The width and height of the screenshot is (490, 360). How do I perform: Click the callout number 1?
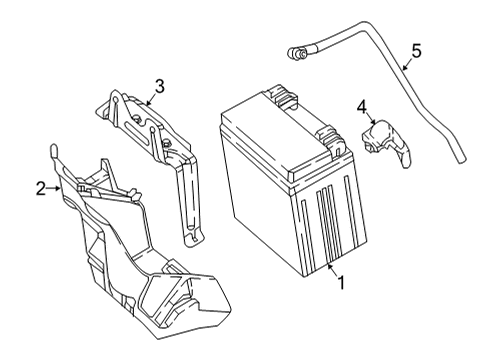click(341, 283)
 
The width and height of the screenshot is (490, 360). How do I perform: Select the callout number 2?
click(41, 188)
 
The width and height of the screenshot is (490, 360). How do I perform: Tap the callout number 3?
click(160, 86)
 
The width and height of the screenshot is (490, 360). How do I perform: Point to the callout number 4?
click(362, 107)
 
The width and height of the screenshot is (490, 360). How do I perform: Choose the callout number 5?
click(416, 51)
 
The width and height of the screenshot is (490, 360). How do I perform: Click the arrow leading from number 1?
click(332, 269)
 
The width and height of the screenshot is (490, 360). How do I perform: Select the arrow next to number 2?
click(53, 189)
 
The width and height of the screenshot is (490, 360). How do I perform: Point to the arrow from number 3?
click(151, 99)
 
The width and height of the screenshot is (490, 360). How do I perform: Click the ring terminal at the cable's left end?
click(296, 54)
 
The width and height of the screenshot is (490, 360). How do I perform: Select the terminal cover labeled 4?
click(386, 142)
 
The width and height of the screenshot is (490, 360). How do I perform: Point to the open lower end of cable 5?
click(461, 160)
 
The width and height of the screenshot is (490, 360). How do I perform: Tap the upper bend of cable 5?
click(366, 26)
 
